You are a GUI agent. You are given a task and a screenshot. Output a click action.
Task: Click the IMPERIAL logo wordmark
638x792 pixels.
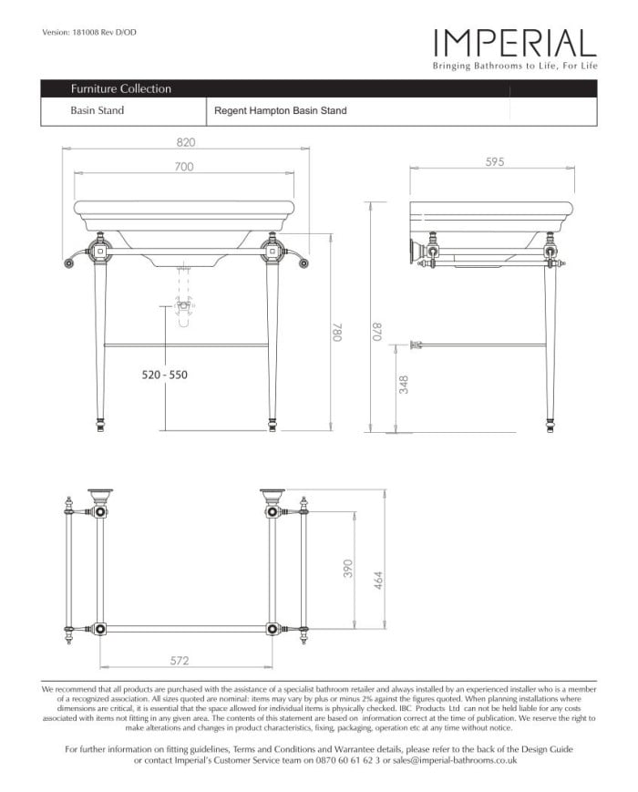[515, 42]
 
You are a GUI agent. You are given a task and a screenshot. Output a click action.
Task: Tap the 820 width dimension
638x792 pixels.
[186, 142]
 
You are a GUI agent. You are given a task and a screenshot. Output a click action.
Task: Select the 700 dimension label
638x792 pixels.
[185, 167]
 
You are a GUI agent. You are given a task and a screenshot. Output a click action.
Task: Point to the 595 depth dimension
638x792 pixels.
[495, 161]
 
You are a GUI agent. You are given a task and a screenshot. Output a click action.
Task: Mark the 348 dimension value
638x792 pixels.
[405, 385]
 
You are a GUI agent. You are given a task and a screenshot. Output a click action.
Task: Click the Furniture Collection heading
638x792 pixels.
[120, 89]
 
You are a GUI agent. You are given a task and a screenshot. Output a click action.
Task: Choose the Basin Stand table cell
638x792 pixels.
[98, 111]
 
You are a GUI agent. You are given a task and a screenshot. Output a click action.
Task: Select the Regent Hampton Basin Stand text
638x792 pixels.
[280, 111]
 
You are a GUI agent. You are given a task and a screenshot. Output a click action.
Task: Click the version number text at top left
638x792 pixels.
[89, 34]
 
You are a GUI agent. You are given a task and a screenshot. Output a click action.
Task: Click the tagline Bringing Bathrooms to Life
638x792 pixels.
[515, 67]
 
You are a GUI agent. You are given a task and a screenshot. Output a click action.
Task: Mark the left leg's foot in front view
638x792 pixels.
[100, 423]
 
